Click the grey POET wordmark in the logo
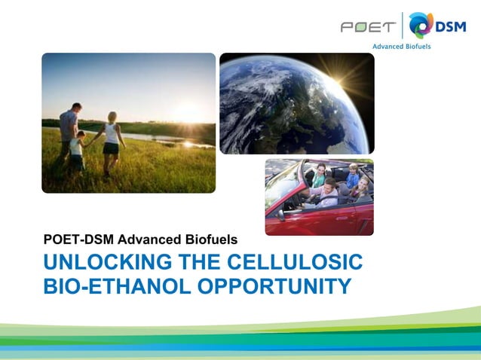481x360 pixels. (x=367, y=27)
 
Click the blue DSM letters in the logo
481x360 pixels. (x=452, y=26)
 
